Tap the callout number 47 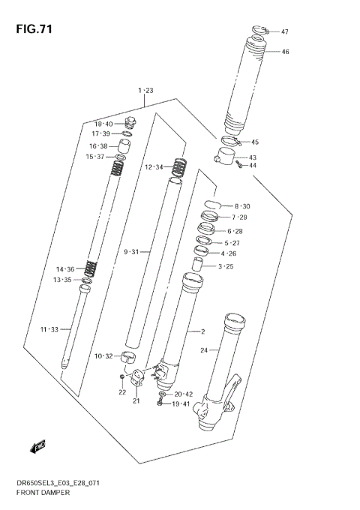pyautogui.click(x=285, y=32)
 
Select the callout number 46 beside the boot pyautogui.click(x=285, y=52)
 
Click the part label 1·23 pyautogui.click(x=145, y=91)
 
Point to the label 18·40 pyautogui.click(x=103, y=124)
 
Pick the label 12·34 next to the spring pyautogui.click(x=154, y=166)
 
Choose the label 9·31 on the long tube pyautogui.click(x=132, y=251)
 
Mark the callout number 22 pyautogui.click(x=121, y=391)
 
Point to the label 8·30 pyautogui.click(x=241, y=206)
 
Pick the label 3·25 pyautogui.click(x=225, y=266)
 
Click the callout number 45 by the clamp pyautogui.click(x=254, y=142)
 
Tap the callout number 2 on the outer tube pyautogui.click(x=202, y=331)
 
